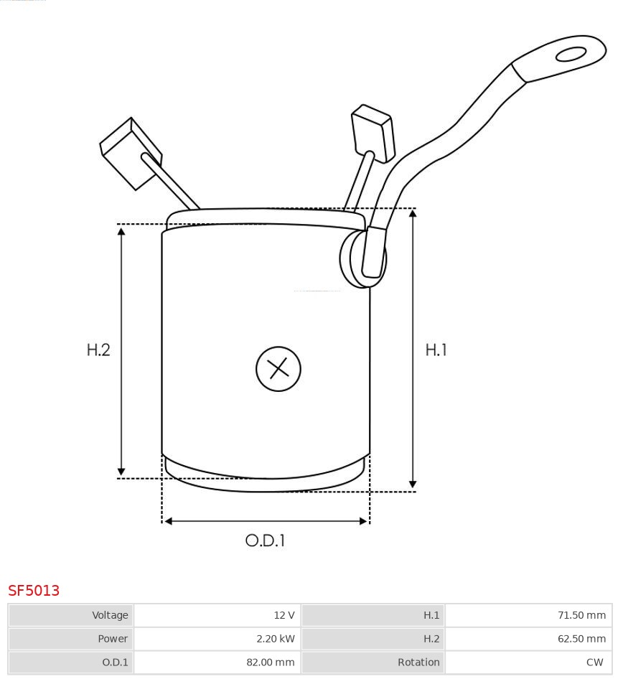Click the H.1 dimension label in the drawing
(x=436, y=350)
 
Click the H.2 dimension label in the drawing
(x=98, y=350)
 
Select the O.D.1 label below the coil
(x=265, y=540)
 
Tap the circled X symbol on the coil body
(x=278, y=369)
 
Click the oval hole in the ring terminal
(x=571, y=55)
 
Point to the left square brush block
(x=131, y=153)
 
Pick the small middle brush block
(x=373, y=133)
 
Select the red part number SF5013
(x=34, y=590)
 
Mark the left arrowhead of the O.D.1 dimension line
(x=168, y=521)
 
